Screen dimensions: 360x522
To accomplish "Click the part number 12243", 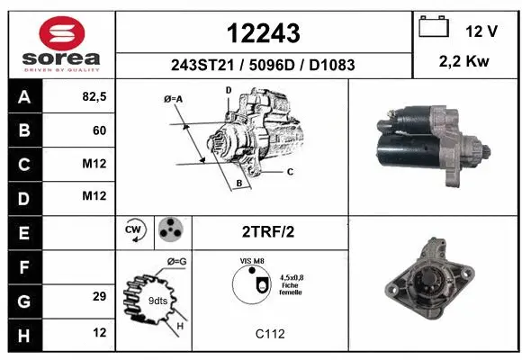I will pos(264,33).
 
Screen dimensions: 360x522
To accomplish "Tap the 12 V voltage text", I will pos(481,31).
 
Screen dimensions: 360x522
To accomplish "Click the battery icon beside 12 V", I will pos(434,28).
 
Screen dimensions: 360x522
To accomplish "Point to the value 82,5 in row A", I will pos(94,98).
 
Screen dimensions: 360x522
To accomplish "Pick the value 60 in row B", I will pos(99,130).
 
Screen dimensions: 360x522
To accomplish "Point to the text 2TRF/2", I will pos(267,231).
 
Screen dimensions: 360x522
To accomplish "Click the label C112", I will pos(269,334).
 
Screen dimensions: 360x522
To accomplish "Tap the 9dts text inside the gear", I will pos(158,301).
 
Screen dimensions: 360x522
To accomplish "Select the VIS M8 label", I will pos(252,260).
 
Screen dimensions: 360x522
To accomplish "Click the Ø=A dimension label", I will pos(174,98).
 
